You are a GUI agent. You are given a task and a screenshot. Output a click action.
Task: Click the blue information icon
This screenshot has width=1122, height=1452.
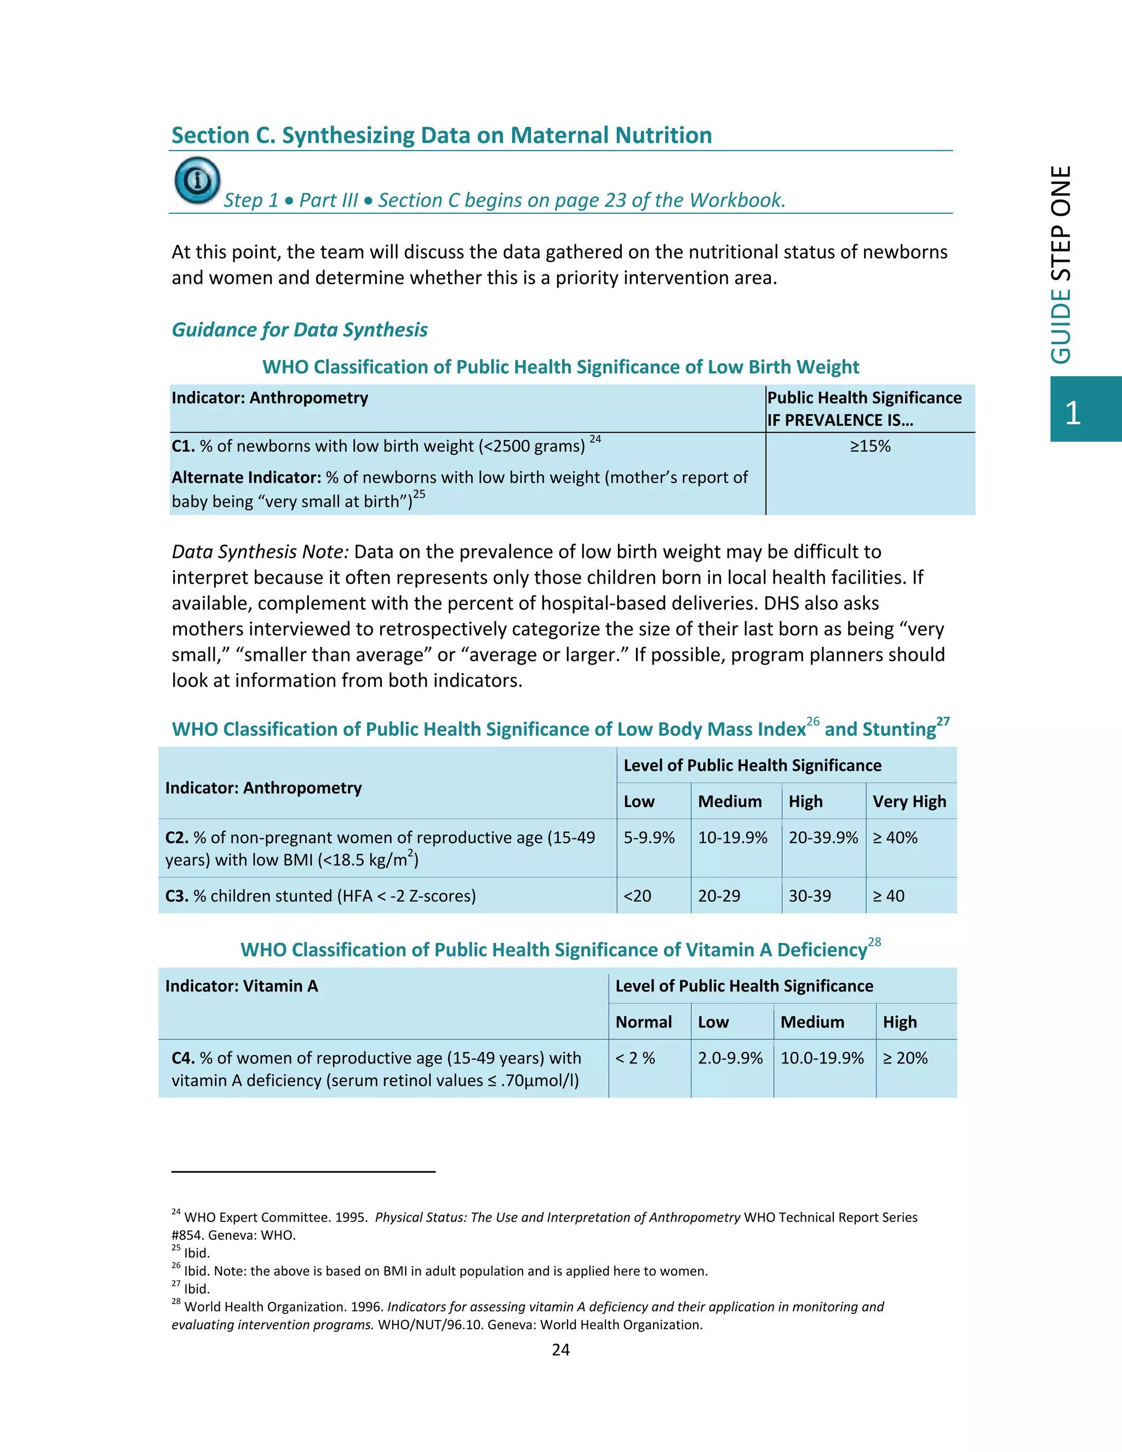point(197,180)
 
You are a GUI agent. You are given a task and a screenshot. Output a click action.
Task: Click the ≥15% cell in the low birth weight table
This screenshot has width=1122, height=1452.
point(869,446)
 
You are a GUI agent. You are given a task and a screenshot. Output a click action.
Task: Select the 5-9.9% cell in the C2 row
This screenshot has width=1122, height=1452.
point(649,838)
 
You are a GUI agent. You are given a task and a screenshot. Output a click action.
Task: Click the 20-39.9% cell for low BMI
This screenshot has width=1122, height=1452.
point(823,838)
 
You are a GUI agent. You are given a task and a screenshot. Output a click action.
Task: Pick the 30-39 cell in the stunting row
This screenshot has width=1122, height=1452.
point(810,896)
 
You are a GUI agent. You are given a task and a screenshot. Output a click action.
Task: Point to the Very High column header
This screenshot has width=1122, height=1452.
point(909,802)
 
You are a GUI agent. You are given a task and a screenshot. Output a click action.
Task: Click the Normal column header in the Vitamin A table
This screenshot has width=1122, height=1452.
point(643,1022)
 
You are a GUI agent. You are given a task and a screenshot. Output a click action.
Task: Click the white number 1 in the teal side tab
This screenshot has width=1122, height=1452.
point(1072,414)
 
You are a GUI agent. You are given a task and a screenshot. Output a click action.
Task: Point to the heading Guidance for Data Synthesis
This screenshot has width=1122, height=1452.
point(300,330)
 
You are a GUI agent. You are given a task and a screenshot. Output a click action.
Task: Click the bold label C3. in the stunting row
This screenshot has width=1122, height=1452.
point(177,896)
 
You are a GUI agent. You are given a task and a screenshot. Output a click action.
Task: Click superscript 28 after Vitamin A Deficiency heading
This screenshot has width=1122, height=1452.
point(875,942)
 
